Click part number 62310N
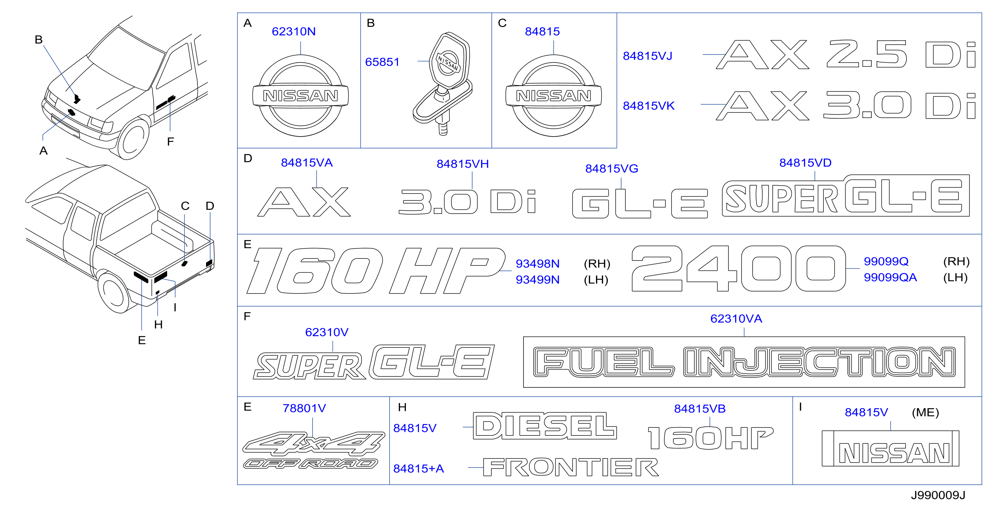tap(294, 31)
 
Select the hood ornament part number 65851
tap(382, 62)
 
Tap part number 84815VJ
tap(647, 56)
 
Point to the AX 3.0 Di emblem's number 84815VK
tap(648, 106)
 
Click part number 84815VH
tap(462, 164)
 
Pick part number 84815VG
tap(612, 168)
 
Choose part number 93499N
tap(538, 279)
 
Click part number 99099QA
tap(890, 277)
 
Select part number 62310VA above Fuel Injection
tap(736, 318)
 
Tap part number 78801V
tap(304, 408)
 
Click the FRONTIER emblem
tap(571, 467)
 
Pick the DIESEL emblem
tap(545, 426)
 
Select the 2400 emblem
tap(739, 268)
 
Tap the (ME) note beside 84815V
tap(925, 412)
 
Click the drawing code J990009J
tap(938, 495)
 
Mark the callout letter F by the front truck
tap(170, 141)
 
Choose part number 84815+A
tap(418, 468)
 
